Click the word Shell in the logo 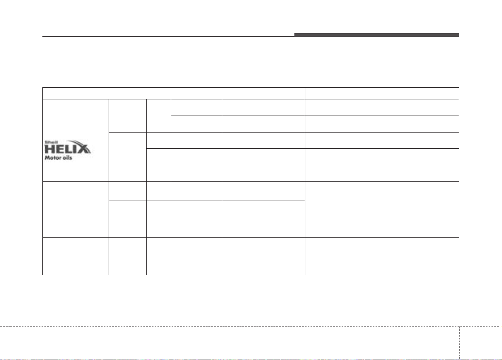tap(51, 142)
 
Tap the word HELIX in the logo tap(67, 149)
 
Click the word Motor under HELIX tap(53, 158)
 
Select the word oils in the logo tap(67, 158)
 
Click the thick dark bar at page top tap(377, 35)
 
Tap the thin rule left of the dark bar tap(168, 36)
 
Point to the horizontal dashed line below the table tap(251, 327)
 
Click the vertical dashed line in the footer tap(459, 343)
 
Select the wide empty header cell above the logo tap(132, 93)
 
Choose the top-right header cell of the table tap(382, 93)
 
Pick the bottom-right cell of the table tap(382, 256)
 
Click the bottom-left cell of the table tap(76, 256)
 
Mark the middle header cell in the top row tap(263, 93)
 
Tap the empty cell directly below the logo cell tap(76, 209)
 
